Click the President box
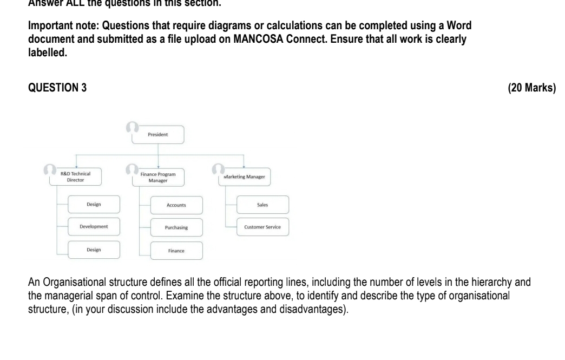pyautogui.click(x=158, y=134)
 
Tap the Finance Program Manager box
pyautogui.click(x=157, y=176)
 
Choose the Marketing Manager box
pyautogui.click(x=245, y=176)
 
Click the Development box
pyautogui.click(x=94, y=226)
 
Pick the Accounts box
pyautogui.click(x=176, y=205)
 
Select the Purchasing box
pyautogui.click(x=176, y=227)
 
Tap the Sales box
pyautogui.click(x=262, y=205)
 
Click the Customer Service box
pyautogui.click(x=262, y=226)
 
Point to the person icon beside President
pyautogui.click(x=132, y=127)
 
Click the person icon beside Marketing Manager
pyautogui.click(x=219, y=169)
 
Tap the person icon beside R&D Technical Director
pyautogui.click(x=49, y=169)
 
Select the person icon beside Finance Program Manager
pyautogui.click(x=132, y=169)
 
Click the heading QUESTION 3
pyautogui.click(x=57, y=89)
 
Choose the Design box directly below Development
pyautogui.click(x=94, y=249)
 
